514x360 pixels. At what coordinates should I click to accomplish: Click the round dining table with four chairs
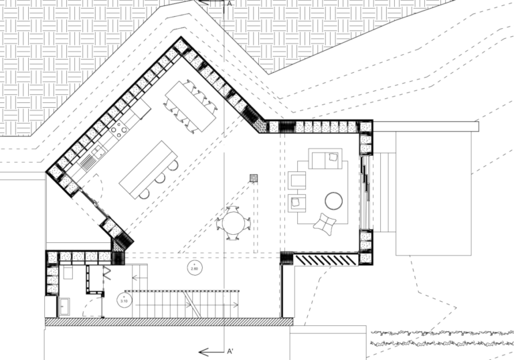(234, 221)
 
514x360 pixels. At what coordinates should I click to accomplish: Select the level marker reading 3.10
(124, 300)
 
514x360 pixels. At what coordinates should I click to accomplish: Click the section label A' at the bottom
(230, 351)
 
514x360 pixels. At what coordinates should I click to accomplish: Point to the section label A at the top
(229, 4)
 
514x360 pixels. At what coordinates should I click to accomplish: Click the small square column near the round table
(254, 178)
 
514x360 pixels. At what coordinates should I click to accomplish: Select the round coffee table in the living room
(333, 200)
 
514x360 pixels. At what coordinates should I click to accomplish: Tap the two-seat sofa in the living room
(325, 160)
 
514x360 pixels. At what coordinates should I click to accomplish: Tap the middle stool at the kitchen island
(161, 179)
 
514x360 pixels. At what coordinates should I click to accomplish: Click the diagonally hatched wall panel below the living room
(326, 258)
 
